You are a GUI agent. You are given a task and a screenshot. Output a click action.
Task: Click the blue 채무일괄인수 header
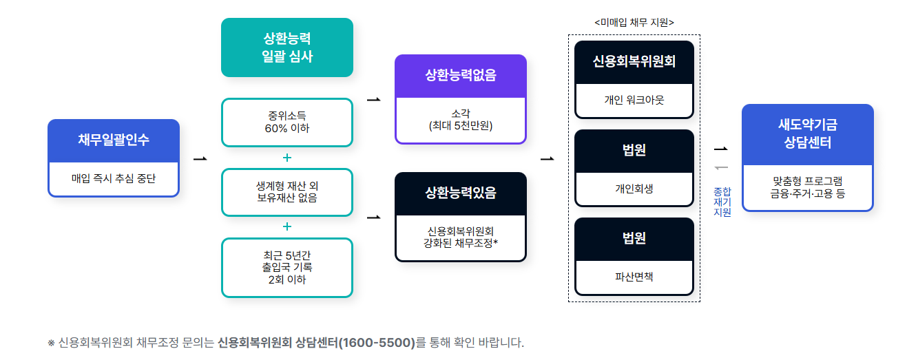pos(114,140)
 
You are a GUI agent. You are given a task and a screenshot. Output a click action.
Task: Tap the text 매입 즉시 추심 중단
pos(114,178)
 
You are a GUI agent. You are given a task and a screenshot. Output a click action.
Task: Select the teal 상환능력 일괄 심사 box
pos(286,47)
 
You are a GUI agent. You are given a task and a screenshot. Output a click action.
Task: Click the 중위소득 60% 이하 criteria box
pos(286,122)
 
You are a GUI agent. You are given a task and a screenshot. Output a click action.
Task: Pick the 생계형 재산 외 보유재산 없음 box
pos(286,192)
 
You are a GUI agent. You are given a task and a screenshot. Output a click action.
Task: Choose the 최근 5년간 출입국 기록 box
pos(286,267)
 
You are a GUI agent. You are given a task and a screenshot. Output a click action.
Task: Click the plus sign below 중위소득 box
pos(287,158)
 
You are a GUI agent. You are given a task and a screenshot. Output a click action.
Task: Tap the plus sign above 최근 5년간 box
pos(287,226)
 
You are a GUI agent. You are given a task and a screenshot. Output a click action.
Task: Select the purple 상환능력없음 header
pos(460,76)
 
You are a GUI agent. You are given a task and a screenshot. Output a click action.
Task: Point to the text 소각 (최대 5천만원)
pos(460,120)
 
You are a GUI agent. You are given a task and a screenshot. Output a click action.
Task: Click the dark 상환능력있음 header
pos(460,193)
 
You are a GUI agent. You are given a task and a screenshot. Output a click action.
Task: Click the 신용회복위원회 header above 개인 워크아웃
pos(634,61)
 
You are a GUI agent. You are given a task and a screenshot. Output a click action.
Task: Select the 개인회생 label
pos(634,189)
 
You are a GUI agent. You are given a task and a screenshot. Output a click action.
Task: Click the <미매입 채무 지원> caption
pos(634,23)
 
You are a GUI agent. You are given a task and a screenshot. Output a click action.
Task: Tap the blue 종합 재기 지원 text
pos(722,202)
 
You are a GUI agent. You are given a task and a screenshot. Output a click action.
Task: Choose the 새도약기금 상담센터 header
pos(807,134)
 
